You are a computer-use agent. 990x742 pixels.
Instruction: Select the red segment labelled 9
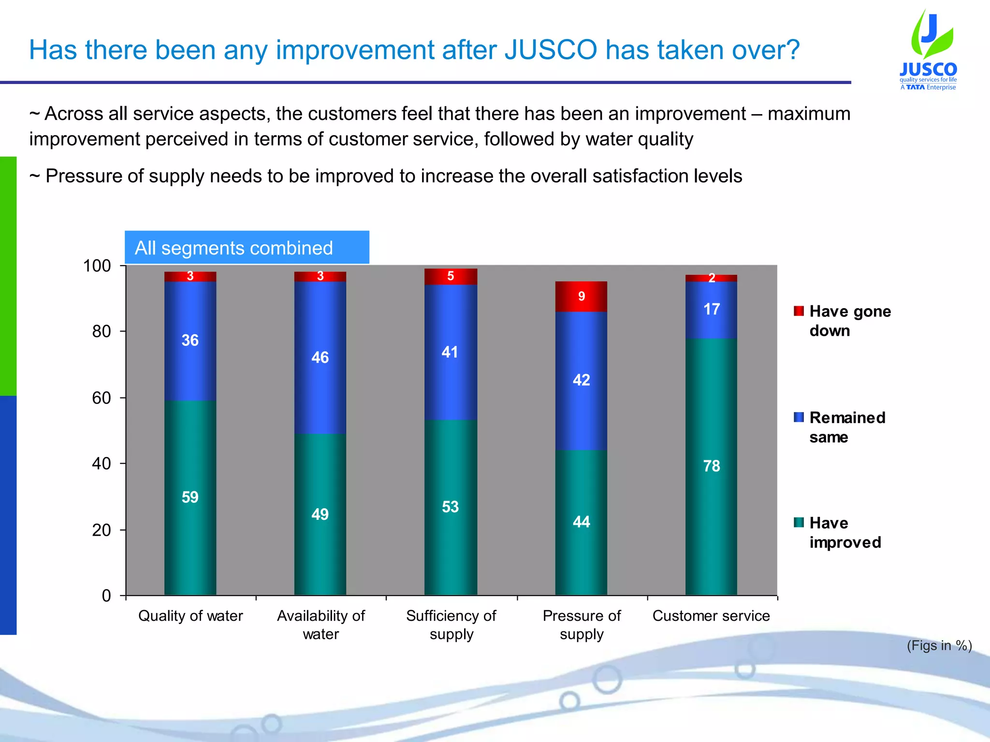tap(581, 297)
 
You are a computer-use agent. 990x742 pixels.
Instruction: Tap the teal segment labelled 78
tap(711, 466)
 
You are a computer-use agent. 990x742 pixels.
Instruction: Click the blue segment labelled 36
tap(190, 341)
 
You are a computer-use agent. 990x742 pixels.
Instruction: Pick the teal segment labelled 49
tap(320, 514)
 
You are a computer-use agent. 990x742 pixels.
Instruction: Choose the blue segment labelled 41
tap(450, 352)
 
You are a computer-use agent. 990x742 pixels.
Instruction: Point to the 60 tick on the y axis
tap(102, 398)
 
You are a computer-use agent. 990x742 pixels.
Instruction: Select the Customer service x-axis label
tap(711, 616)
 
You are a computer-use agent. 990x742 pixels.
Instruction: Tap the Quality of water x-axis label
tap(190, 616)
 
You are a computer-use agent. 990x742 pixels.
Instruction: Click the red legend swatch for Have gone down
tap(799, 311)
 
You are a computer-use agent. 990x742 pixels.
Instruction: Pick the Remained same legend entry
tap(847, 427)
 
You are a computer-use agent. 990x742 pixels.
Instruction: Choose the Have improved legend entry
tap(844, 532)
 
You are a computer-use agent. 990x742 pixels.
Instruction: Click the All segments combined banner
tap(247, 248)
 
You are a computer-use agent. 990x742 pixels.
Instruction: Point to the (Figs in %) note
tap(939, 645)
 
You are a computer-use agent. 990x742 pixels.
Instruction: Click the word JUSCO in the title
tap(551, 50)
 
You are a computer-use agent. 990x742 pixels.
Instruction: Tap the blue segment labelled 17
tap(711, 310)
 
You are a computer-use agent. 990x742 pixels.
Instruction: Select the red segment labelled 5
tap(450, 276)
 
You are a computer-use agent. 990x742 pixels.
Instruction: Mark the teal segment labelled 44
tap(581, 522)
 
